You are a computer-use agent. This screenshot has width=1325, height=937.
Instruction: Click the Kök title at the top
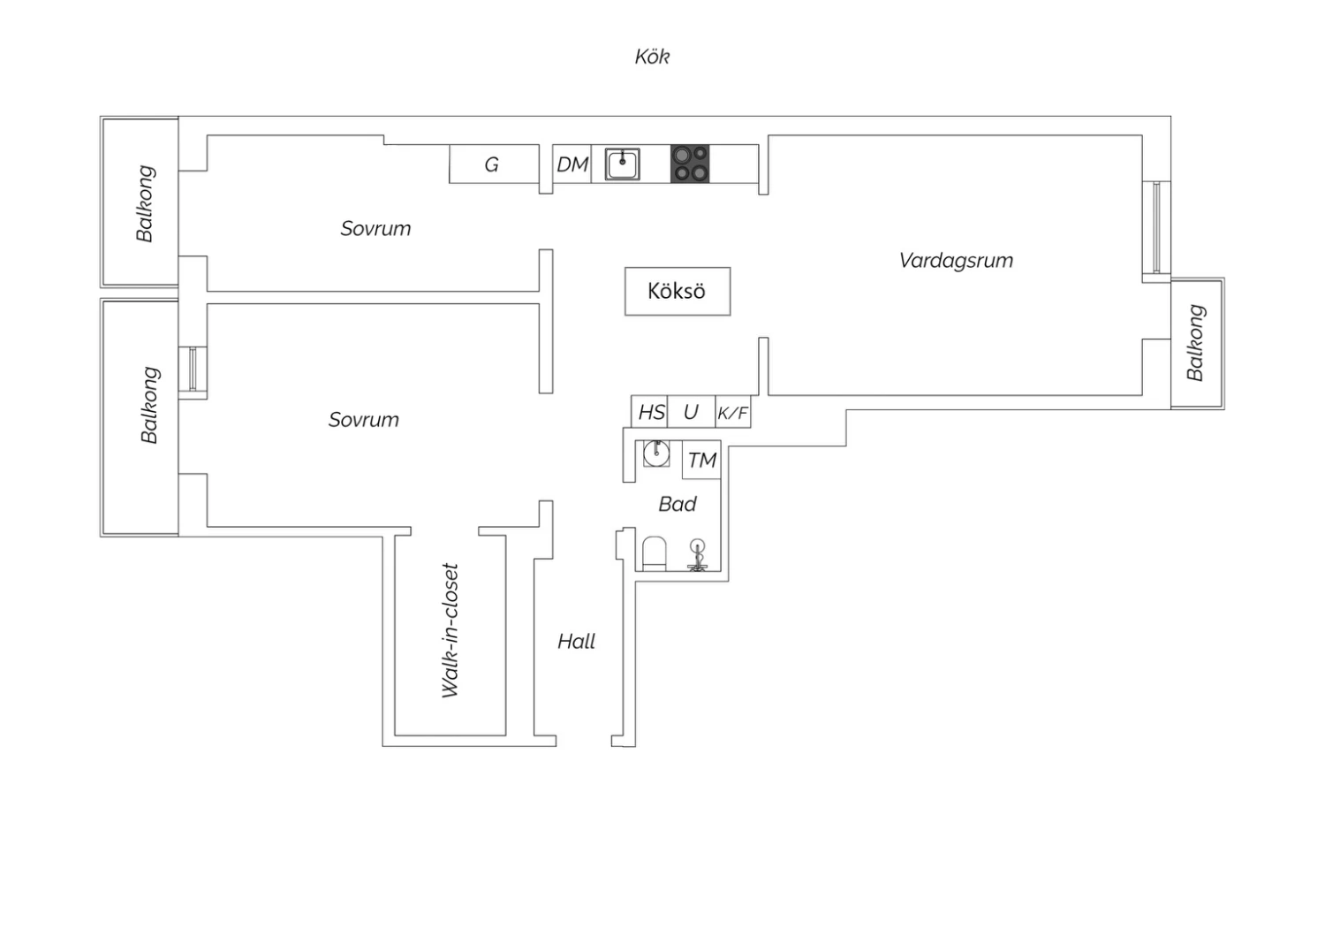(x=652, y=57)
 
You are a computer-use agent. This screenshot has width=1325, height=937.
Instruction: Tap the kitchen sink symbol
(x=622, y=164)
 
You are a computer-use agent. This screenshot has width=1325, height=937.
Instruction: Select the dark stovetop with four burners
(x=690, y=164)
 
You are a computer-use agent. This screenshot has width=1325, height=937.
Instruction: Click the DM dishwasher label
(x=572, y=164)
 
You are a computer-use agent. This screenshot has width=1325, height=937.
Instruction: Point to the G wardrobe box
(x=494, y=164)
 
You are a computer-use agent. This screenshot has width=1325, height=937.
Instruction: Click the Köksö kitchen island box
(x=678, y=291)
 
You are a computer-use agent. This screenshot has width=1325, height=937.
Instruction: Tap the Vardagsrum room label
(x=956, y=261)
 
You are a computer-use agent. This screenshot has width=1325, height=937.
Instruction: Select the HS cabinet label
(x=652, y=412)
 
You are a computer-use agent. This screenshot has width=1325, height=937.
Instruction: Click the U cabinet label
(x=690, y=412)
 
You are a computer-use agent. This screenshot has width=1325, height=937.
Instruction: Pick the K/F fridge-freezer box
(x=733, y=412)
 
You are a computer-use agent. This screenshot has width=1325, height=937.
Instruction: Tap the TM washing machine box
(x=701, y=460)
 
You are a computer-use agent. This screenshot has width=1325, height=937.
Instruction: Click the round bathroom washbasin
(x=656, y=454)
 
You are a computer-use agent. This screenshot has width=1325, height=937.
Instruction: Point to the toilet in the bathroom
(x=655, y=553)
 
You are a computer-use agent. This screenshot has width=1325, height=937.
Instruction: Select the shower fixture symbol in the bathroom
(x=698, y=556)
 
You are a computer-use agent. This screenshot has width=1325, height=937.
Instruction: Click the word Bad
(x=678, y=505)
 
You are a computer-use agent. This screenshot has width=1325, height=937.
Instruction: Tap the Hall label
(x=576, y=642)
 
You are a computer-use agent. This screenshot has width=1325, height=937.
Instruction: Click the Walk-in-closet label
(x=450, y=630)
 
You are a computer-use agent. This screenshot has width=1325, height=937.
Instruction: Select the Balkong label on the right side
(x=1195, y=343)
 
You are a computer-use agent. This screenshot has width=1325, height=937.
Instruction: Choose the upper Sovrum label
(x=375, y=228)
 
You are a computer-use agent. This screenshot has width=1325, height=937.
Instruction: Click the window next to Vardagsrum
(x=1156, y=227)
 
